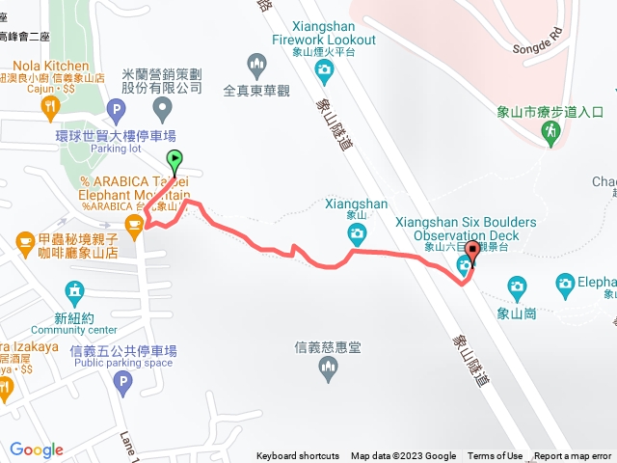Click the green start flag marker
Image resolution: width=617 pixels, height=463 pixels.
pyautogui.click(x=174, y=161)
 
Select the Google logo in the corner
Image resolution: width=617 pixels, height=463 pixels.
pyautogui.click(x=37, y=449)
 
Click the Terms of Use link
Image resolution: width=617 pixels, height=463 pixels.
pyautogui.click(x=496, y=456)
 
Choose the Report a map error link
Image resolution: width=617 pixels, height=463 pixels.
pyautogui.click(x=573, y=456)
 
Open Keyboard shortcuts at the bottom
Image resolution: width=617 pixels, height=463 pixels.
pyautogui.click(x=298, y=456)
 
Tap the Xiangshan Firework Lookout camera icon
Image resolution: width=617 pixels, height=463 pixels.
pyautogui.click(x=325, y=68)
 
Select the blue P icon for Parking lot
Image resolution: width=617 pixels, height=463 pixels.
pyautogui.click(x=117, y=109)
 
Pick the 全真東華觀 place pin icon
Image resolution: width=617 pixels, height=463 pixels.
pyautogui.click(x=257, y=66)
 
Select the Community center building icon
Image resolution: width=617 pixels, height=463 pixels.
pyautogui.click(x=73, y=290)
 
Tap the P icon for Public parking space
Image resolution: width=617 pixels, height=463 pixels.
pyautogui.click(x=122, y=384)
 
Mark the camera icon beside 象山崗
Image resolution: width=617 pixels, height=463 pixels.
pyautogui.click(x=517, y=286)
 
